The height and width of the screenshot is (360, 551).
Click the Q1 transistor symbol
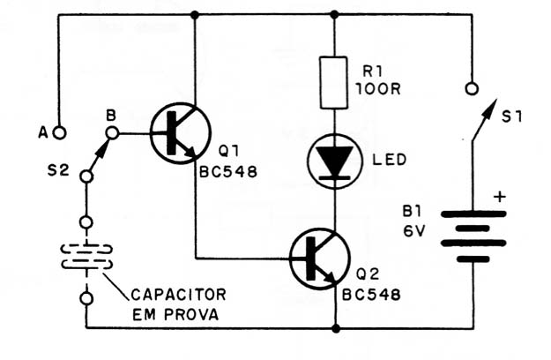tap(181, 133)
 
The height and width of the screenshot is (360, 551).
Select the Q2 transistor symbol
tap(320, 259)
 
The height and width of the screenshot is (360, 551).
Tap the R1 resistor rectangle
tap(334, 83)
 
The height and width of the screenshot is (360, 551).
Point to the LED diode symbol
tap(334, 161)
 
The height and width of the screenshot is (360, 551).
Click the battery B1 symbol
tap(473, 236)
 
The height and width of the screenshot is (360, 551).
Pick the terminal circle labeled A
tap(60, 133)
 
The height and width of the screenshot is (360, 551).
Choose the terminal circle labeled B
tap(113, 133)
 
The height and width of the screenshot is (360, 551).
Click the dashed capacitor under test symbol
tap(86, 257)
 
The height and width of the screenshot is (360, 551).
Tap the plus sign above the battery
tap(500, 197)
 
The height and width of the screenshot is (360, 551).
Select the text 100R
tap(378, 89)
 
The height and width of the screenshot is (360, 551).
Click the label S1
tap(511, 116)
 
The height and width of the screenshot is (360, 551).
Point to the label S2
tap(58, 171)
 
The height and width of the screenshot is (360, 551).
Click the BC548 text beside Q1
tap(228, 172)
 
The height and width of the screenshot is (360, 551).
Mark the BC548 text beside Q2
tap(371, 295)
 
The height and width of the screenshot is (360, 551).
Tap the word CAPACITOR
tap(178, 295)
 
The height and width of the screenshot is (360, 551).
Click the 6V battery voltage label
tap(414, 231)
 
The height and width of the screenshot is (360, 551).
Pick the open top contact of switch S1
tap(472, 88)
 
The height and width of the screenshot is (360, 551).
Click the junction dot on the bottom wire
tap(336, 329)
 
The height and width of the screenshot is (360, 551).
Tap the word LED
tap(390, 160)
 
